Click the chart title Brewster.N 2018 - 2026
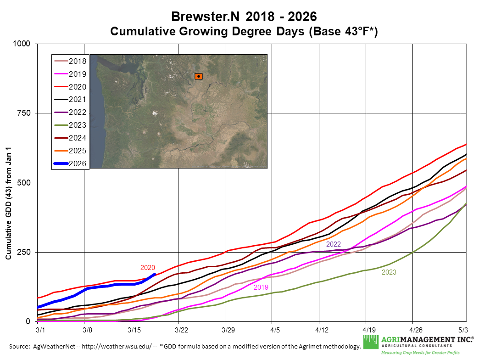click(x=244, y=17)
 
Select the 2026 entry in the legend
click(x=77, y=163)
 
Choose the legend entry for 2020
click(x=77, y=86)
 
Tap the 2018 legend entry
click(x=77, y=61)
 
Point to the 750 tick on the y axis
click(x=22, y=113)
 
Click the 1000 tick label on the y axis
click(x=21, y=44)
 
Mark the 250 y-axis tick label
click(x=22, y=252)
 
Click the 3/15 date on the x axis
click(x=134, y=330)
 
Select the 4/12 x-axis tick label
click(x=322, y=330)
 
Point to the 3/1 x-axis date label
click(x=40, y=330)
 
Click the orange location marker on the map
click(x=198, y=76)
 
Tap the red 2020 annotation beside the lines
click(x=148, y=268)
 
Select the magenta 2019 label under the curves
click(x=261, y=287)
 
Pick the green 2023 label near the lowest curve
click(x=389, y=272)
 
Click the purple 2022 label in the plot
click(x=334, y=244)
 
